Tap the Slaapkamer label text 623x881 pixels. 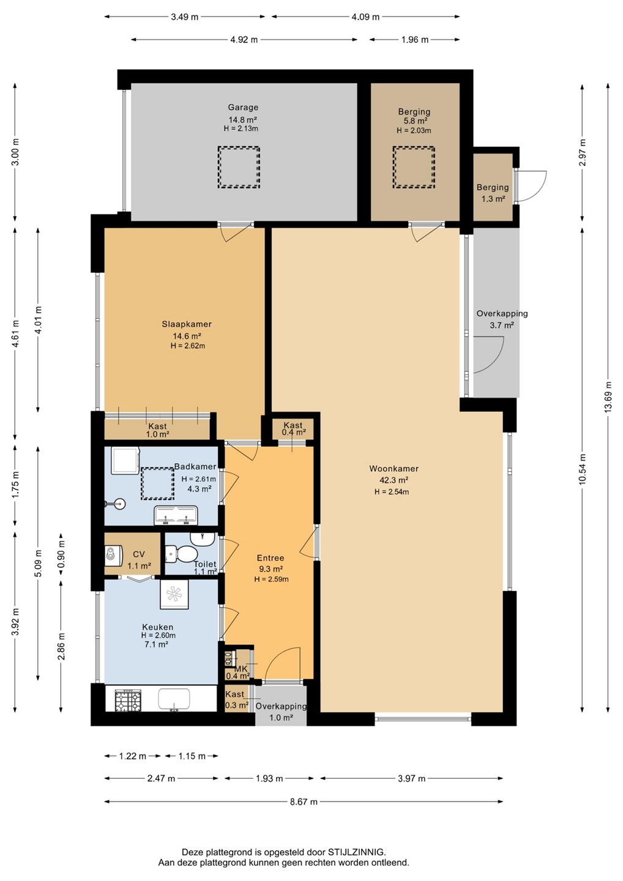click(x=187, y=324)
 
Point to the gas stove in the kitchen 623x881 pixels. click(x=128, y=701)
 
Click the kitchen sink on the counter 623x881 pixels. click(x=174, y=700)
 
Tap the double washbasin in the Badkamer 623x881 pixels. click(x=176, y=515)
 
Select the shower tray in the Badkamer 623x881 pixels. click(x=125, y=461)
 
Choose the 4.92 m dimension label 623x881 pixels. click(x=244, y=39)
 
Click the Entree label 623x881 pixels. click(x=270, y=558)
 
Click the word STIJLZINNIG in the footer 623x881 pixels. click(x=357, y=852)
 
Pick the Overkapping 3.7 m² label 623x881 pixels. click(x=502, y=319)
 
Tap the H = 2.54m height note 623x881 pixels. click(x=391, y=492)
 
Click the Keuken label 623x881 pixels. click(x=158, y=627)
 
